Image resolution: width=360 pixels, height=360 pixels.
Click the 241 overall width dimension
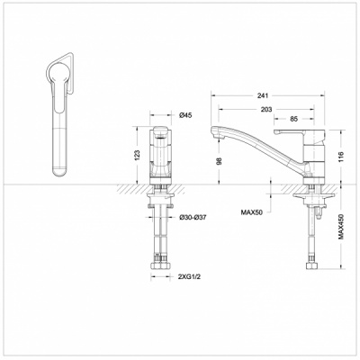click(262, 95)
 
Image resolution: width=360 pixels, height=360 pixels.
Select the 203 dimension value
click(266, 110)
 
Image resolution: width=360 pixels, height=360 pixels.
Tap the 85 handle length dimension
click(293, 119)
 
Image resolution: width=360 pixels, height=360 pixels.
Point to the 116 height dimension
click(340, 157)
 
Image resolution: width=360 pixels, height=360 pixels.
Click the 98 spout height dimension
click(220, 161)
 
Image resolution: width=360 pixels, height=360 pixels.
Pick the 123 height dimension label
click(137, 155)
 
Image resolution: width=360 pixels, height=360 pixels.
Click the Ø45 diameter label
click(185, 115)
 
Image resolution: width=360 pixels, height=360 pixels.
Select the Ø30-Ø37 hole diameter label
click(193, 218)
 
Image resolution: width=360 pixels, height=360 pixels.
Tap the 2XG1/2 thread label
click(189, 277)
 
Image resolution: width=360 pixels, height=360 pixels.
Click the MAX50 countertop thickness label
click(251, 212)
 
